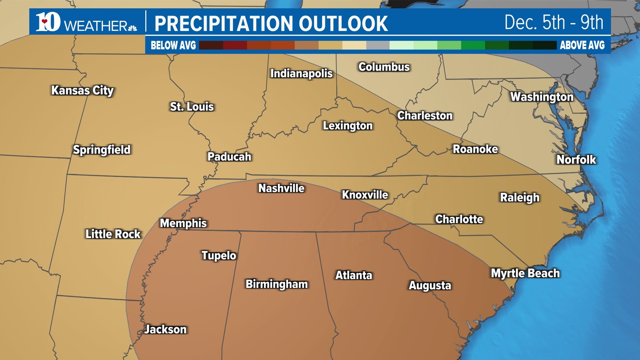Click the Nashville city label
(x=281, y=188)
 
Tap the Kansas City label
(x=82, y=90)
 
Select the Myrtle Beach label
(x=525, y=273)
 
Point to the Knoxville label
(x=365, y=195)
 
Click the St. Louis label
(x=192, y=107)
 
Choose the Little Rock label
(x=113, y=234)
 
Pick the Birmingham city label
(x=277, y=284)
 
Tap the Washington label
(x=542, y=97)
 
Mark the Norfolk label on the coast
(x=576, y=160)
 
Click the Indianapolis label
(x=301, y=73)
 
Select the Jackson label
(x=165, y=329)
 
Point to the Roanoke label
(x=475, y=149)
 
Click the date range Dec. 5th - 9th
(x=554, y=23)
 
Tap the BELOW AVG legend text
(x=173, y=45)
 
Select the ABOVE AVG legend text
(x=582, y=45)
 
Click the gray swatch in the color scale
(x=378, y=45)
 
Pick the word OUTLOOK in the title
(x=343, y=24)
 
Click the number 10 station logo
(x=48, y=22)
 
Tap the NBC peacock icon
(x=133, y=28)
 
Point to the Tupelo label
(x=219, y=255)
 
